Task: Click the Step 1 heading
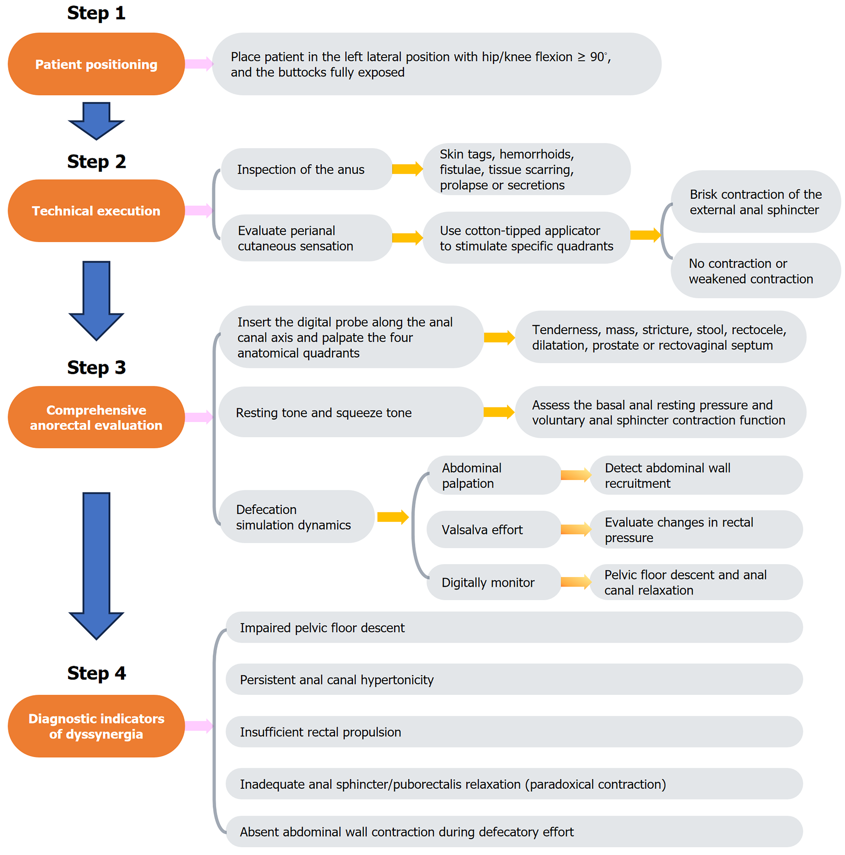pos(96,13)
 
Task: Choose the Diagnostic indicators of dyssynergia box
pos(96,726)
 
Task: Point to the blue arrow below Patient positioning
pos(96,121)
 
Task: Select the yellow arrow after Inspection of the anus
pos(407,169)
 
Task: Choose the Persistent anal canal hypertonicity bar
pos(514,679)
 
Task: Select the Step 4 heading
pos(96,673)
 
